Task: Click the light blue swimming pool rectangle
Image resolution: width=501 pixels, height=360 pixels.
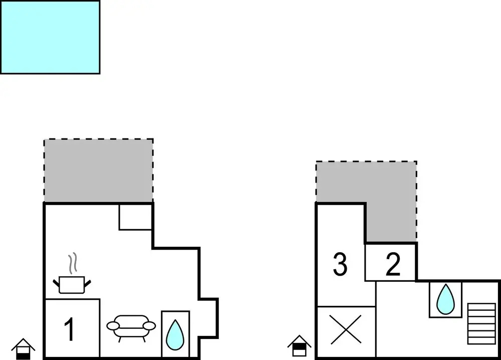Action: [x=50, y=37]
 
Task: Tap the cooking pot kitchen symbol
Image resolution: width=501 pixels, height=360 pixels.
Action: [x=72, y=285]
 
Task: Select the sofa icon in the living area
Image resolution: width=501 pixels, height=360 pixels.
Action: [x=131, y=328]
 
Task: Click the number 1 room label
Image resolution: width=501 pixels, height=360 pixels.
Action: [x=70, y=329]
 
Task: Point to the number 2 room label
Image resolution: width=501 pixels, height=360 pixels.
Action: [x=393, y=264]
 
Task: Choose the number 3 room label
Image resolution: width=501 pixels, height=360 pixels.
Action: [x=340, y=264]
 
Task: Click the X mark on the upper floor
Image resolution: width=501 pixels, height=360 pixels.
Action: [x=346, y=329]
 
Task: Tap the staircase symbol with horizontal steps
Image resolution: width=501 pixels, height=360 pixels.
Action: [x=481, y=323]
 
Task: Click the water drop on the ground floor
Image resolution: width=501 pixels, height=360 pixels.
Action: [x=175, y=335]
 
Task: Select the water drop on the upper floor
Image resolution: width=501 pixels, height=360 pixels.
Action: [x=445, y=299]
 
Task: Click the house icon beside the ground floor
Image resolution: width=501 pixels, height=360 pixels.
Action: [x=23, y=349]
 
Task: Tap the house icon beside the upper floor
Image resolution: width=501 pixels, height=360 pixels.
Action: [x=299, y=345]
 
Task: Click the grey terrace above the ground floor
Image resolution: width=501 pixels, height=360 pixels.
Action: [x=98, y=171]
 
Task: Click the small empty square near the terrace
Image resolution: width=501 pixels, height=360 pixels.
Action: [x=135, y=217]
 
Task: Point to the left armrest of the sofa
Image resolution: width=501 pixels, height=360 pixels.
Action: [x=113, y=326]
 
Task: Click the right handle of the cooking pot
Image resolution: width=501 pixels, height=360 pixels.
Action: [x=88, y=283]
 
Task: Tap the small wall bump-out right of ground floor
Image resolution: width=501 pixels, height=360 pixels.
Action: [x=208, y=318]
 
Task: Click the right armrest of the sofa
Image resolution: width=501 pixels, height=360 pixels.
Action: [x=149, y=326]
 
